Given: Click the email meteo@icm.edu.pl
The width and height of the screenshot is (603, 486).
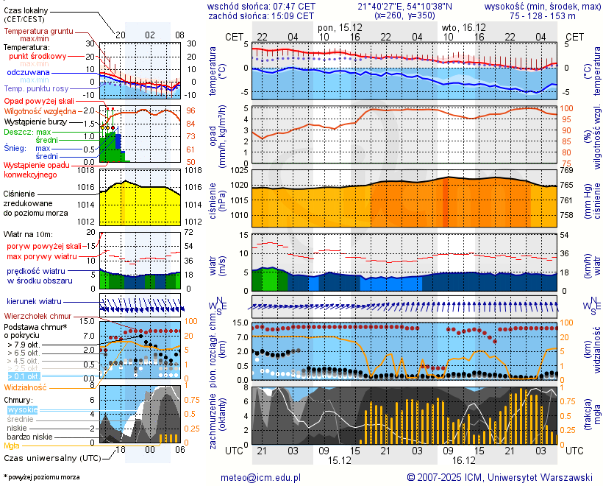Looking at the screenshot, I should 261,477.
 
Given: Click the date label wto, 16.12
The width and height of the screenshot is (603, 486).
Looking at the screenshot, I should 461,27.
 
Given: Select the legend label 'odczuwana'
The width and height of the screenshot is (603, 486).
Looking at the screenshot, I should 28,73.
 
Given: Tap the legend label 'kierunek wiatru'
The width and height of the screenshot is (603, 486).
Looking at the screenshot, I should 34,302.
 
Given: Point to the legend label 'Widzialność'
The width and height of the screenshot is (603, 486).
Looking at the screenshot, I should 26,387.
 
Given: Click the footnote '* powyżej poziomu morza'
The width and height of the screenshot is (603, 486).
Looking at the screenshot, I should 41,477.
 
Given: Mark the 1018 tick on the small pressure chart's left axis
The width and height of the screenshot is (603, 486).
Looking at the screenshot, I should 88,170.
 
